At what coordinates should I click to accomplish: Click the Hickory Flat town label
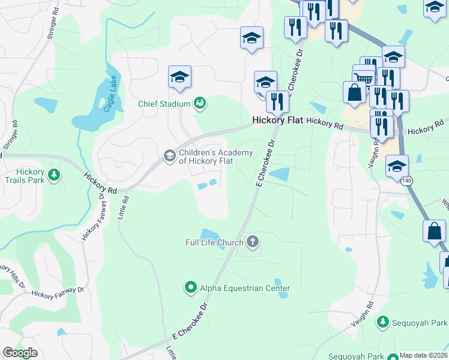[x=277, y=120]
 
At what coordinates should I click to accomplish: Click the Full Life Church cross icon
[x=253, y=242]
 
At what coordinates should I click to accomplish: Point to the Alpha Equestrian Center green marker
[x=190, y=288]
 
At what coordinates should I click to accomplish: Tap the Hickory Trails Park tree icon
[x=55, y=175]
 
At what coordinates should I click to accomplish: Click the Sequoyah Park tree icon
[x=382, y=322]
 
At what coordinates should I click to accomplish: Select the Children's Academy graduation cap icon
[x=169, y=157]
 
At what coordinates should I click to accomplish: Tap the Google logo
[x=20, y=353]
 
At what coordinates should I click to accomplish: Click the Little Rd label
[x=124, y=206]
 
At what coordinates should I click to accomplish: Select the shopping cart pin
[x=363, y=77]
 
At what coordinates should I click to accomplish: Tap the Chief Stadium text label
[x=164, y=103]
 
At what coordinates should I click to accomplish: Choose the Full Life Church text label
[x=214, y=242]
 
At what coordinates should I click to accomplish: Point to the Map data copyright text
[x=424, y=355]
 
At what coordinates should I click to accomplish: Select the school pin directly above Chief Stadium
[x=179, y=77]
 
